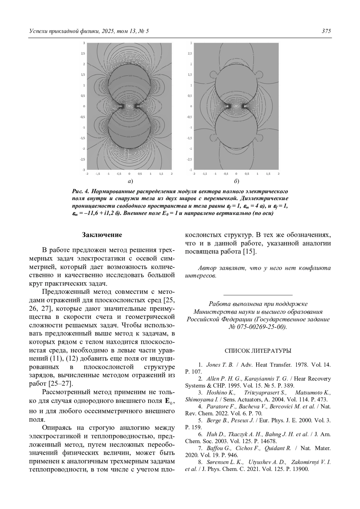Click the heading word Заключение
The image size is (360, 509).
(102, 235)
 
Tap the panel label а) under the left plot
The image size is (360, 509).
(130, 181)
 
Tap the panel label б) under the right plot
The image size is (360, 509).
(236, 181)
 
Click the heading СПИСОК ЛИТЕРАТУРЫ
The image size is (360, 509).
(258, 350)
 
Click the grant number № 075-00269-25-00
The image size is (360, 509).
(257, 327)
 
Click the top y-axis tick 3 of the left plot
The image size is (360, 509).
(84, 43)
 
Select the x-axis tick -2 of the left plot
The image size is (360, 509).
(87, 174)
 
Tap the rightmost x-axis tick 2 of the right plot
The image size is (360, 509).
(278, 174)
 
